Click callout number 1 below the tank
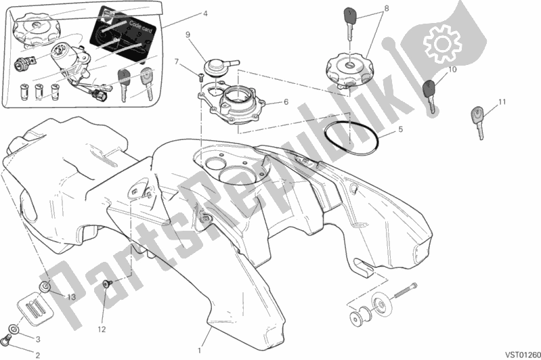(200, 349)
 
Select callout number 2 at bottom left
(38, 354)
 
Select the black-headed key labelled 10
(429, 95)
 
